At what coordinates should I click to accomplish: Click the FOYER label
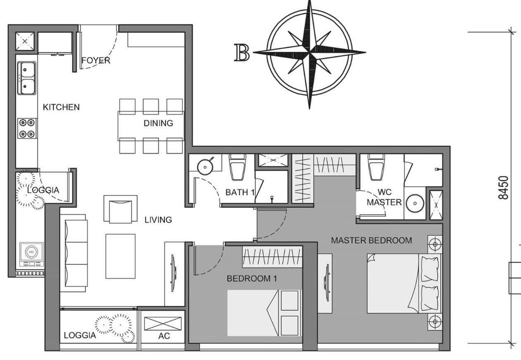coord(95,60)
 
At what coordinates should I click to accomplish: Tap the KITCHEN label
coord(61,107)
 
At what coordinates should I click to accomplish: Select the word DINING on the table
coord(158,123)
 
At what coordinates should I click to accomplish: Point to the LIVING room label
coord(158,219)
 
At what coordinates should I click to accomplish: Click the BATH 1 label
coord(240,192)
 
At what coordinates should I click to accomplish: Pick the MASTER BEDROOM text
coord(371,240)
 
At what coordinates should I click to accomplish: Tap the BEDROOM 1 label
coord(252,278)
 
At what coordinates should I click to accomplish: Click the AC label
coord(164,336)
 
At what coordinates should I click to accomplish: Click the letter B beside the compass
coord(242,52)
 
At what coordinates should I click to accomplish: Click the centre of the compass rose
coord(310,52)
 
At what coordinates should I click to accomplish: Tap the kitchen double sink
coord(26,78)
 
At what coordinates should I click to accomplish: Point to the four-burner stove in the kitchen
coord(26,128)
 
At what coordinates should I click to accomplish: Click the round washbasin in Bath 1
coord(205,166)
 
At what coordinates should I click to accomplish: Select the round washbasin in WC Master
coord(414,203)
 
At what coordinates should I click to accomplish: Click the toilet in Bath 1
coord(236,167)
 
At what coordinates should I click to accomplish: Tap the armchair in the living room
coord(120,208)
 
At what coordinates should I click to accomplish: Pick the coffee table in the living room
coord(120,256)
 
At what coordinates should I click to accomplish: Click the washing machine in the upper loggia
coord(31,254)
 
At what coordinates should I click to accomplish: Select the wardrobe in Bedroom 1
coord(272,257)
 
